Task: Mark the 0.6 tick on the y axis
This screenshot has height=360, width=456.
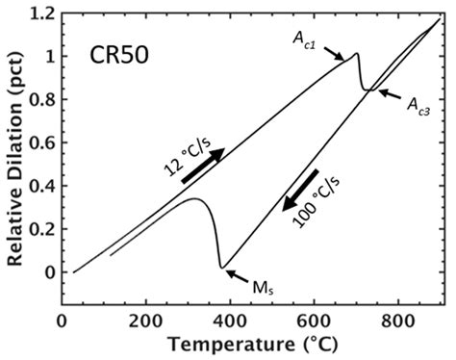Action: point(45,142)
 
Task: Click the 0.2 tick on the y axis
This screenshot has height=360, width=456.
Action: point(45,229)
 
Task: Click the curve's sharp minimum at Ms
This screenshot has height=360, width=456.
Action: point(221,267)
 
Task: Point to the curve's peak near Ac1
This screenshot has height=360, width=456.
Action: point(356,53)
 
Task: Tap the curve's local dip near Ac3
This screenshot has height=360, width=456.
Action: point(367,90)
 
